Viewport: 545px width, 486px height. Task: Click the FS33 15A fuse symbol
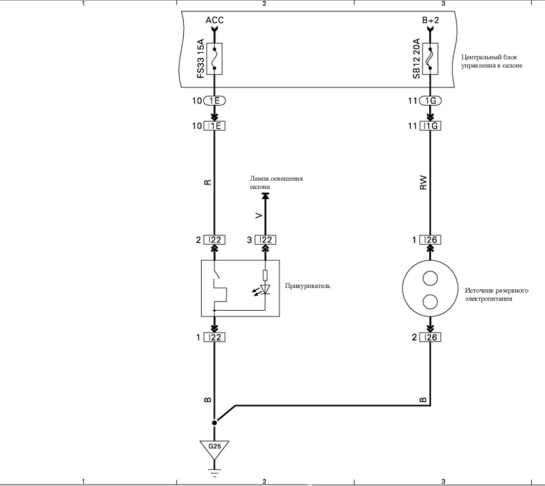pyautogui.click(x=214, y=59)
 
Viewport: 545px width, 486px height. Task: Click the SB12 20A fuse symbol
pyautogui.click(x=430, y=59)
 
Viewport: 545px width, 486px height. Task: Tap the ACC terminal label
pyautogui.click(x=214, y=20)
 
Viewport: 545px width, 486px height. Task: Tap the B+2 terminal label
pyautogui.click(x=431, y=20)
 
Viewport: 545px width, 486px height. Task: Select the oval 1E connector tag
pyautogui.click(x=214, y=101)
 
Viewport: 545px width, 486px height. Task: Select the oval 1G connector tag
pyautogui.click(x=430, y=101)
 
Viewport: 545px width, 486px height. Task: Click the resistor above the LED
pyautogui.click(x=265, y=275)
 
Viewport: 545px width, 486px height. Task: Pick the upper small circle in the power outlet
pyautogui.click(x=430, y=278)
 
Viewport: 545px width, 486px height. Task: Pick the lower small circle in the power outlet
pyautogui.click(x=430, y=302)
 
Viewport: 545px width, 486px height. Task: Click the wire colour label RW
pyautogui.click(x=423, y=183)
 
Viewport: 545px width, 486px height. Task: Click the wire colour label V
pyautogui.click(x=259, y=216)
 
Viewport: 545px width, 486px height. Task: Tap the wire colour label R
pyautogui.click(x=208, y=182)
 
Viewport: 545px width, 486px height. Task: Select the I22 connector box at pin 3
pyautogui.click(x=265, y=240)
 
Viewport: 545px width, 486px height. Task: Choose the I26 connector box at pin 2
pyautogui.click(x=430, y=337)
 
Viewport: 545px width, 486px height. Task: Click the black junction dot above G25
pyautogui.click(x=214, y=422)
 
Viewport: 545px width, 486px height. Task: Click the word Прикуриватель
pyautogui.click(x=308, y=286)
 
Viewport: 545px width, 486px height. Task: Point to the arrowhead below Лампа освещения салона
pyautogui.click(x=265, y=196)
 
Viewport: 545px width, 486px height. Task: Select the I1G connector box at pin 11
pyautogui.click(x=430, y=126)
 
